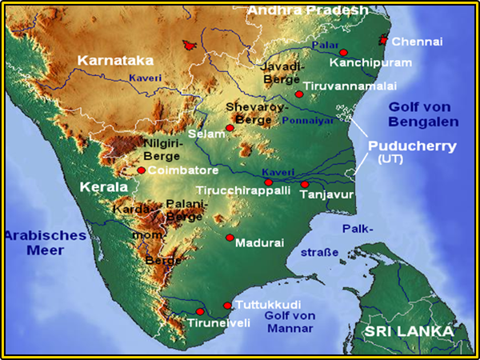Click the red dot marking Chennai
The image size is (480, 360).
tap(384, 40)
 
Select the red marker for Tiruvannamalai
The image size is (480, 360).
tap(298, 94)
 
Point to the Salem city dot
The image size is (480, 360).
tap(230, 128)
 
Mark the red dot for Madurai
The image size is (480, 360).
tap(230, 238)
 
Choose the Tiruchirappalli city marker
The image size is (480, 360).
tap(268, 182)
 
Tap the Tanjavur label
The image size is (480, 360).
tap(328, 194)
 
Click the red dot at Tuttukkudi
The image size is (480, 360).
tap(227, 306)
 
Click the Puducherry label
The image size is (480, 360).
tap(412, 146)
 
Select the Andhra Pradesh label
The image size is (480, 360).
tap(307, 10)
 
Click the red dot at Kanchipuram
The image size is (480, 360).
tap(343, 52)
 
